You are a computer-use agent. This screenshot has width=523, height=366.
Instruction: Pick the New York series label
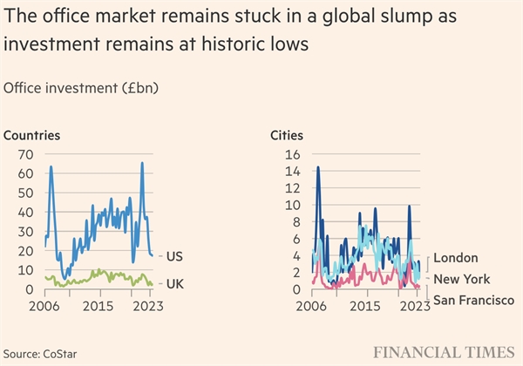coord(462,279)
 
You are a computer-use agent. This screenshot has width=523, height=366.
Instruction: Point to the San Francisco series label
coord(473,301)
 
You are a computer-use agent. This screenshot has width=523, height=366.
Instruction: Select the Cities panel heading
coord(291,135)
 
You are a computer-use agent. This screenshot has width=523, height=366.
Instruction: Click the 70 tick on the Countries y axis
coord(26,154)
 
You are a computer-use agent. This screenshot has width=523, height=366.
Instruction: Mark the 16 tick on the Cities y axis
coord(293,154)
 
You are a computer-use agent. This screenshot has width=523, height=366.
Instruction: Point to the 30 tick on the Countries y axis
coord(26,232)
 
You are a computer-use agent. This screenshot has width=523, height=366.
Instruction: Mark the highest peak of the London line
coord(318,166)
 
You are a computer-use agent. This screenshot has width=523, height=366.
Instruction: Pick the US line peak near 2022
coord(142,163)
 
